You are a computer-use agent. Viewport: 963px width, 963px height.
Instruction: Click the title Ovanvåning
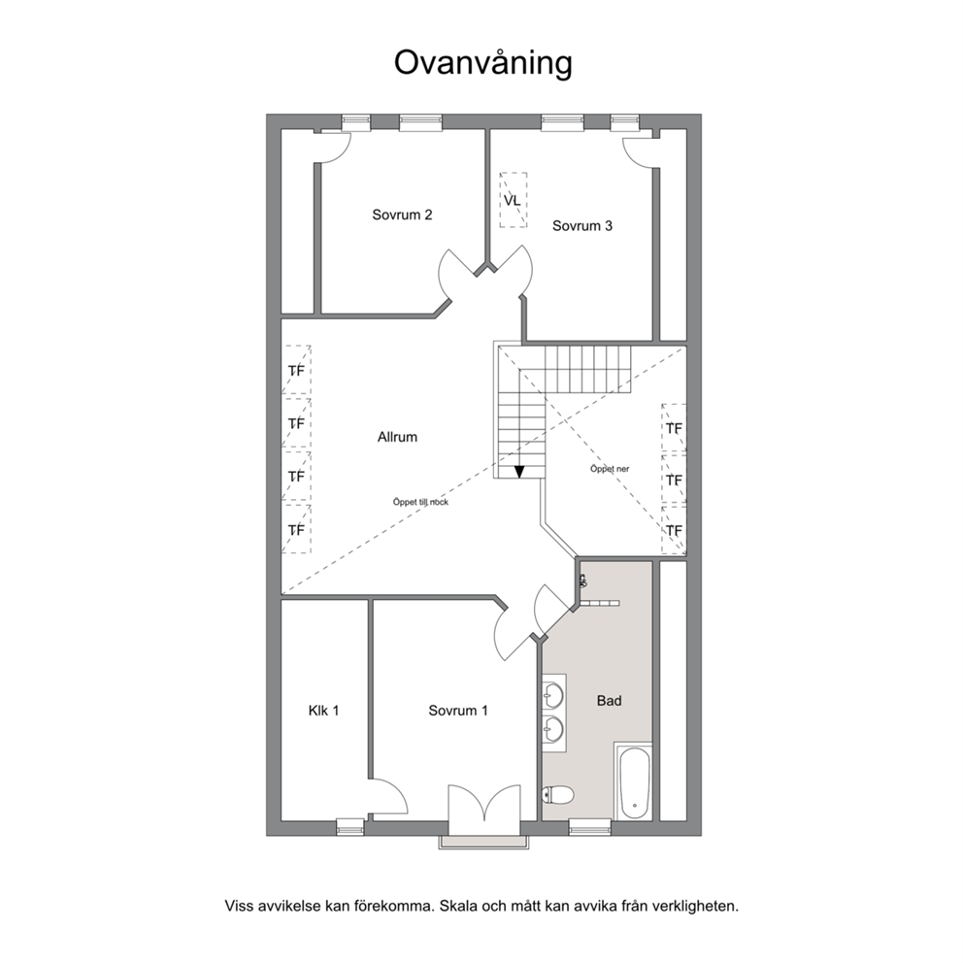[482, 63]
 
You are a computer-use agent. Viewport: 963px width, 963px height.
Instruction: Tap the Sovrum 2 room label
[402, 215]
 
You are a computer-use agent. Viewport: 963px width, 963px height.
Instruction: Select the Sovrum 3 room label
[582, 225]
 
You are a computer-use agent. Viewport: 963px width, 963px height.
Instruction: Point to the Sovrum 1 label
[458, 711]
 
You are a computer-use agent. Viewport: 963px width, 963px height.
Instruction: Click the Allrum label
[397, 437]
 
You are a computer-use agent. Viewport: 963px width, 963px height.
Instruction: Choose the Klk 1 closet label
[323, 711]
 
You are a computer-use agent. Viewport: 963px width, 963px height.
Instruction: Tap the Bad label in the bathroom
[610, 701]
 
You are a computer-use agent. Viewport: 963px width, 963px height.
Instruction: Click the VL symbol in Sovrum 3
[513, 200]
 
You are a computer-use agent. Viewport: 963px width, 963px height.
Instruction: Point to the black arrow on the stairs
[519, 471]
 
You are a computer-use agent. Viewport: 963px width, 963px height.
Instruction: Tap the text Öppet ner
[610, 469]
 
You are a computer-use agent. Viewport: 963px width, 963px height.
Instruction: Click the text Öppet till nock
[420, 502]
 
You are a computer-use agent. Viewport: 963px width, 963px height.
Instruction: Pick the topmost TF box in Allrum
[296, 370]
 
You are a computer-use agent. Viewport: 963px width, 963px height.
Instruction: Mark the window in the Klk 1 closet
[350, 827]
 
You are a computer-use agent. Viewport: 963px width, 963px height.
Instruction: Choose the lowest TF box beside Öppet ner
[674, 530]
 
